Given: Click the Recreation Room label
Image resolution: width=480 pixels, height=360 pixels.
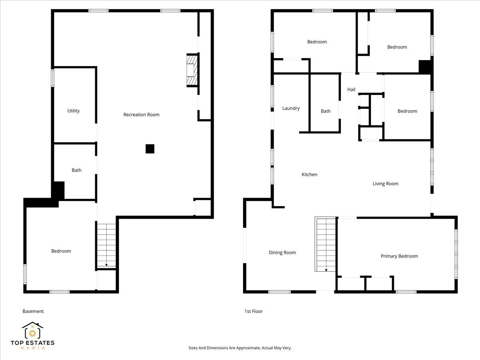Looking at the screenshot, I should tap(141, 115).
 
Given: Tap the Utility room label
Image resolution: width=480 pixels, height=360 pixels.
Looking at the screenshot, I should tap(73, 111).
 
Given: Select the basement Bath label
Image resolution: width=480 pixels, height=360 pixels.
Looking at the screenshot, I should tap(76, 170).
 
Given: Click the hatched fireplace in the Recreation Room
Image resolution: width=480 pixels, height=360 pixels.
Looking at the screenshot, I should tap(192, 70).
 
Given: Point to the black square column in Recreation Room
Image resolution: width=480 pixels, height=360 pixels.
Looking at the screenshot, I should tap(150, 149).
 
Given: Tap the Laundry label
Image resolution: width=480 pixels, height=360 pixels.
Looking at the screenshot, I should tap(291, 108).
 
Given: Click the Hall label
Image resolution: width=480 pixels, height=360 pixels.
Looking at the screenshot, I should tap(351, 90).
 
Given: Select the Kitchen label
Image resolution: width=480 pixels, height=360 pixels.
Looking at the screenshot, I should tap(309, 175).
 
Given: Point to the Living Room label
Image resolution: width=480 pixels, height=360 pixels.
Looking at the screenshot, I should tap(385, 184).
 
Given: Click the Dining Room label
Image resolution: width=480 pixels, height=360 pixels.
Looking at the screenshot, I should tap(282, 253).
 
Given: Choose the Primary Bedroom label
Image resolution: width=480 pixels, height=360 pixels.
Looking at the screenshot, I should tap(399, 256).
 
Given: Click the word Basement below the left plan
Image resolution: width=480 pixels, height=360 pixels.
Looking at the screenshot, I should tap(33, 311).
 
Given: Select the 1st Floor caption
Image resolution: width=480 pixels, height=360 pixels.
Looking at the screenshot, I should tap(253, 311).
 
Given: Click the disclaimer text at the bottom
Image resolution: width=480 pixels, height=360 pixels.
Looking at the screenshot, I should tap(240, 348).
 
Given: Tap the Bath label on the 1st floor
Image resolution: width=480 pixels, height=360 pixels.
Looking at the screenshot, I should tap(326, 111).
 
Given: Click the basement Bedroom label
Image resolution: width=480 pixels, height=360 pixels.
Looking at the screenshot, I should tap(61, 251).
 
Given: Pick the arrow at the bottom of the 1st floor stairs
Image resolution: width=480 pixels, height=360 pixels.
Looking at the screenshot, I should tap(326, 270).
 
